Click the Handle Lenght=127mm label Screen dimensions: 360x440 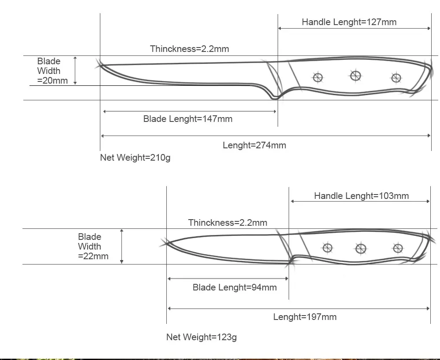(349, 22)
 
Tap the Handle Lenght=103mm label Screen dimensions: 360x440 (361, 196)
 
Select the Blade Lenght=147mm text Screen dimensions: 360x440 (188, 119)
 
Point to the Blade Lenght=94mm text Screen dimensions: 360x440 (235, 287)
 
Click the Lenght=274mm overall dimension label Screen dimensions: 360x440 (254, 145)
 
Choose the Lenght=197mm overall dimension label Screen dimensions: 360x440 (305, 317)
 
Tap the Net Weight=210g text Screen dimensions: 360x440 (135, 158)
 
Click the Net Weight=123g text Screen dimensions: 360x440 (202, 337)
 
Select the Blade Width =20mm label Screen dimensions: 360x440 (52, 71)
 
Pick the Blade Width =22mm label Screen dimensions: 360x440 (93, 246)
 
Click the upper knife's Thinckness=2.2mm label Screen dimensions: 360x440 (190, 48)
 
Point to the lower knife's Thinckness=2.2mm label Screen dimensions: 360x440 (227, 223)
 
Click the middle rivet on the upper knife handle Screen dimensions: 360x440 (356, 76)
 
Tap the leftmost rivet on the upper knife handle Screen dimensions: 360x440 (318, 78)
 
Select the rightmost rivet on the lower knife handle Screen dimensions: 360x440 (398, 248)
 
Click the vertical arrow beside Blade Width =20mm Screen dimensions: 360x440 (75, 70)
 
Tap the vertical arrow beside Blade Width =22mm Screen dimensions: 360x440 (122, 246)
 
